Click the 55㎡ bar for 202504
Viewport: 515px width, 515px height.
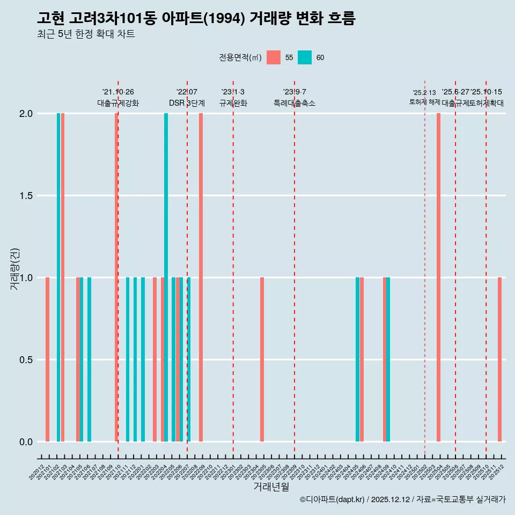click(x=438, y=277)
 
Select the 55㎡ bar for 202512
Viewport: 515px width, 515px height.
click(x=499, y=359)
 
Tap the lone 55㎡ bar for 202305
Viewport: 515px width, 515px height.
click(x=262, y=359)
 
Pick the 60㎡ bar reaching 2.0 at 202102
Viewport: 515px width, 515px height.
click(x=58, y=277)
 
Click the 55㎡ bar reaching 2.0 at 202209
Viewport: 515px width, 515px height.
click(x=201, y=277)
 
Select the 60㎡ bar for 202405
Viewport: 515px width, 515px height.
click(x=357, y=359)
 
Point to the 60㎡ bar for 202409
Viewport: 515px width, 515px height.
click(x=388, y=359)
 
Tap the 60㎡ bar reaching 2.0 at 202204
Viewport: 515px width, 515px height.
click(x=166, y=277)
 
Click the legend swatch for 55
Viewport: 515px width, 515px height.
click(x=274, y=57)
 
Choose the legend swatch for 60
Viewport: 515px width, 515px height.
click(x=305, y=57)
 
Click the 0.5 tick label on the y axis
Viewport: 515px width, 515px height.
click(x=25, y=359)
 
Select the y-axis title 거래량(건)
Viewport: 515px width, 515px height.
click(x=14, y=268)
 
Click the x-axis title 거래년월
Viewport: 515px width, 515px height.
click(x=271, y=487)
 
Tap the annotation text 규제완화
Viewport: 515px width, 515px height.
click(x=233, y=103)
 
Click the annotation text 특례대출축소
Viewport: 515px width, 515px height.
click(x=295, y=103)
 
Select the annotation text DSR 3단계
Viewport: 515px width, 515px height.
click(x=187, y=103)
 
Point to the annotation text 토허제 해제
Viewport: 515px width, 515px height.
click(x=424, y=101)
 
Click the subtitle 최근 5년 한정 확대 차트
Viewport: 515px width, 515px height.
click(x=86, y=34)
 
